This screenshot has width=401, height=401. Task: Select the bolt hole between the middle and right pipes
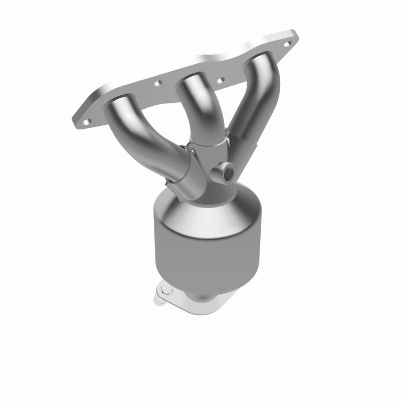pos(220,80)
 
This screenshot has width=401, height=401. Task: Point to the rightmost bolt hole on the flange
pos(287,44)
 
